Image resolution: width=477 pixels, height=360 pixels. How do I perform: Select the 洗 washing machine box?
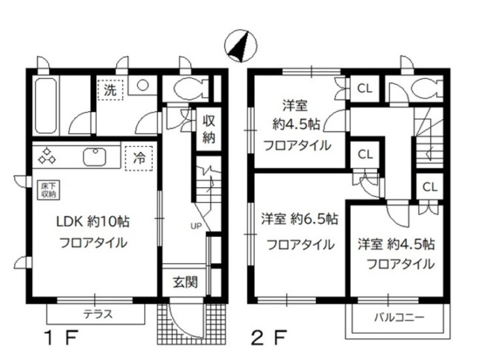tap(110, 89)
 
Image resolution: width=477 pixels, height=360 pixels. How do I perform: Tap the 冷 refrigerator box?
tap(139, 158)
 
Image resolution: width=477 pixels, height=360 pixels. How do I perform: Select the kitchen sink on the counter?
tap(95, 157)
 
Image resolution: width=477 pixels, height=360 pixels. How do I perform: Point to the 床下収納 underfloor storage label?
tap(46, 187)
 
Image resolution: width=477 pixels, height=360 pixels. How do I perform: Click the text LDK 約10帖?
tap(94, 221)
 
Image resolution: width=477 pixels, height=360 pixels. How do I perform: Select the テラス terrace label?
tap(97, 314)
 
